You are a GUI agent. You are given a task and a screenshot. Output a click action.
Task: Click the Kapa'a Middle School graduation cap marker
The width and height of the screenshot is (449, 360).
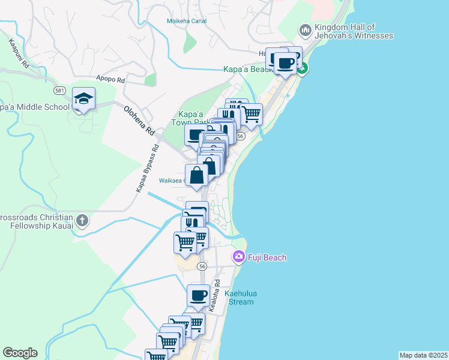84,99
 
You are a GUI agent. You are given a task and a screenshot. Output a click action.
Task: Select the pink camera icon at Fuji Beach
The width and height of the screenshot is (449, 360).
239,257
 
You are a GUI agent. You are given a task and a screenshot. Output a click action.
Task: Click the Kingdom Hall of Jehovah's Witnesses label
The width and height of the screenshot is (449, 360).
354,31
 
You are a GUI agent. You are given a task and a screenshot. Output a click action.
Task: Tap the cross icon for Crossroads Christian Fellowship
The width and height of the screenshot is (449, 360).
82,220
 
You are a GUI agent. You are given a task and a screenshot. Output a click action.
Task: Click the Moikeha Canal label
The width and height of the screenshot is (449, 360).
186,21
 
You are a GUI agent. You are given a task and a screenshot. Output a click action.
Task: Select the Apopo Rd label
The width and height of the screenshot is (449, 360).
110,79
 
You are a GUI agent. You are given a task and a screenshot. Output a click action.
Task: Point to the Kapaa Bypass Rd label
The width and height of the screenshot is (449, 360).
147,168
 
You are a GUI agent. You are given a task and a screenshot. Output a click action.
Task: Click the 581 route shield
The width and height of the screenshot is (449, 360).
59,91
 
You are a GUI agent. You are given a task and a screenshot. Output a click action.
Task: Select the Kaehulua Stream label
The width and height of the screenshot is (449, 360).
239,298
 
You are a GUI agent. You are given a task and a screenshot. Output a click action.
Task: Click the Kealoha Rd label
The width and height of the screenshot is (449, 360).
212,295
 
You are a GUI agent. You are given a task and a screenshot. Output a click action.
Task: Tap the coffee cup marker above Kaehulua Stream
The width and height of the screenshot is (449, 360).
198,295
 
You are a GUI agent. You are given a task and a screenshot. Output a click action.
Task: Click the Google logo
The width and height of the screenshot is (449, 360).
20,353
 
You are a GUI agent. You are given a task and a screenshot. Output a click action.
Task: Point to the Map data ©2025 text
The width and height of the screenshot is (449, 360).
423,355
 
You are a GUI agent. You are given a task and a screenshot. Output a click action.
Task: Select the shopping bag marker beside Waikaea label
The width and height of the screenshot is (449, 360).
197,176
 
